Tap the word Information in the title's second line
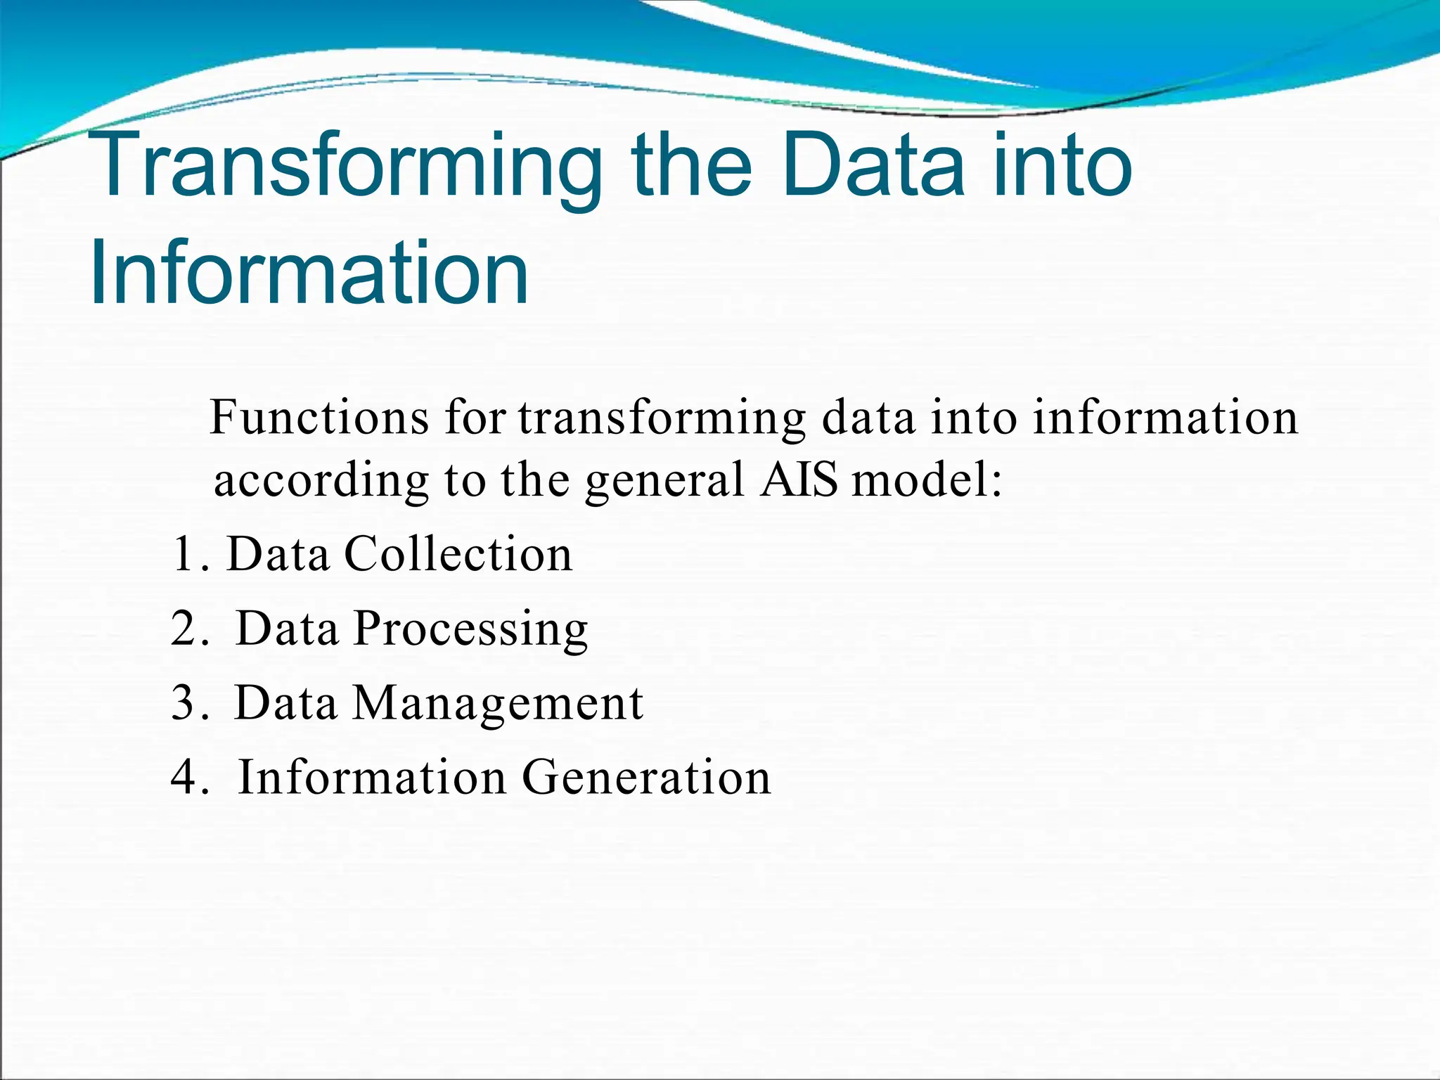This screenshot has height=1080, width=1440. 309,273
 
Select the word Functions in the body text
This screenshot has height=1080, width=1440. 320,418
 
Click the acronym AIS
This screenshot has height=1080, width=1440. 799,480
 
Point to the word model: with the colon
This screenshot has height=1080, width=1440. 926,481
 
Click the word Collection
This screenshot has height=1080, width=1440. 458,554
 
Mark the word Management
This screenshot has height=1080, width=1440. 497,703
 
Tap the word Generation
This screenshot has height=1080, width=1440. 646,778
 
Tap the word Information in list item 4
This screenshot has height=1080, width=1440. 372,778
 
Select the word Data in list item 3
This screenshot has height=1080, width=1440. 285,702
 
